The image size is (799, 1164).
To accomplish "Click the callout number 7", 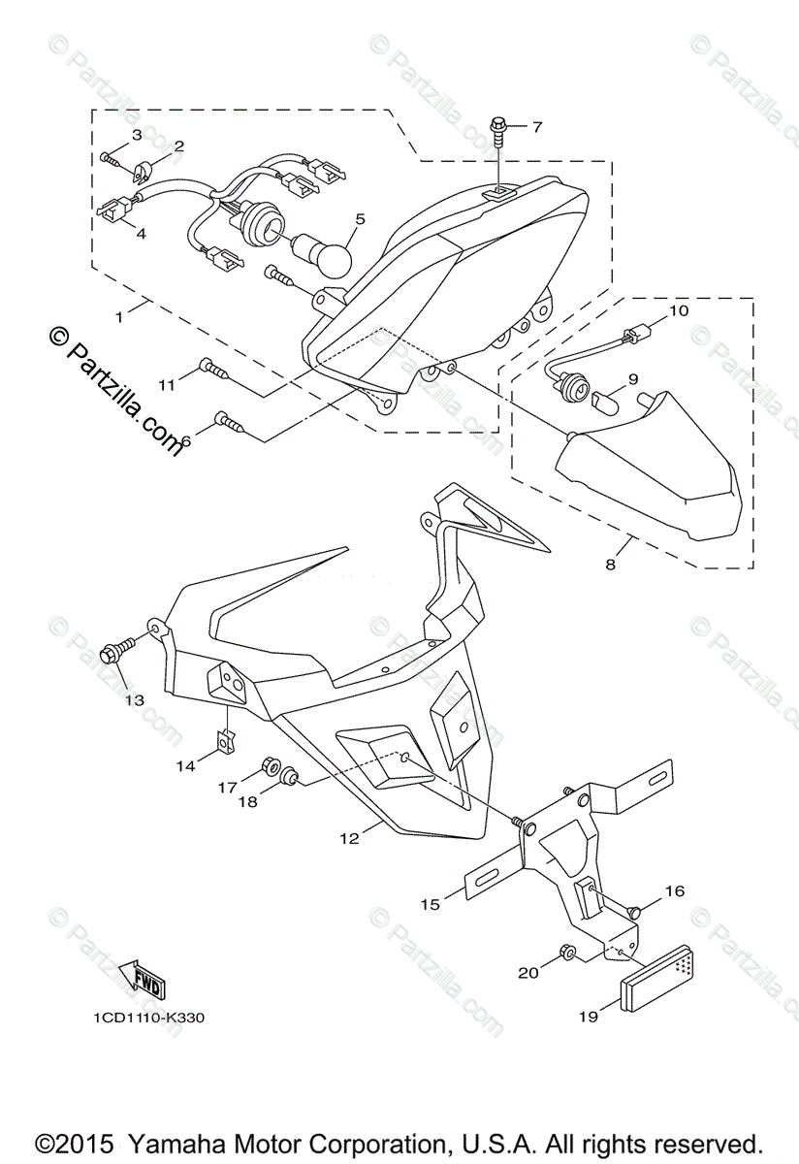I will pos(536,127).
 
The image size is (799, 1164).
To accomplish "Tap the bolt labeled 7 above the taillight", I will pos(498,129).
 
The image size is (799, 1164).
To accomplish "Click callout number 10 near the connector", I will pos(677,310).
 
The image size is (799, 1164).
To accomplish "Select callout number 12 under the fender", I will pos(349,837).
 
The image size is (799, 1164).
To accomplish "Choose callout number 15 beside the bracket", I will pos(430,903).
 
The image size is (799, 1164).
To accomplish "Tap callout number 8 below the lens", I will pos(610,564).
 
